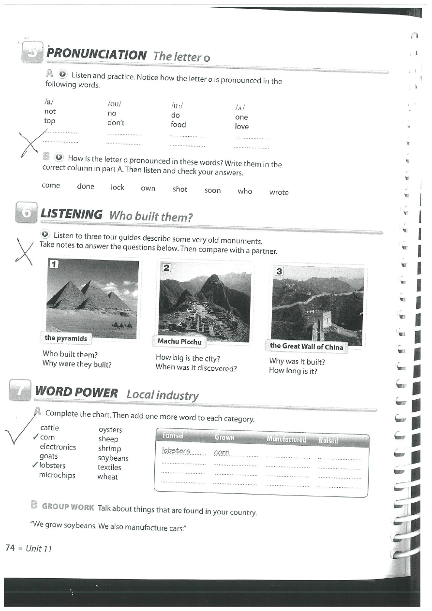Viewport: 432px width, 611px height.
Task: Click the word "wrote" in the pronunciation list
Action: (x=279, y=192)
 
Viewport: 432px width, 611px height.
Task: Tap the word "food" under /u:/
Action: (x=178, y=125)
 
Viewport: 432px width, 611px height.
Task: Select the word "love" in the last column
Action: (x=241, y=127)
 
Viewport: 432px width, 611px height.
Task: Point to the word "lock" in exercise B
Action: (x=118, y=187)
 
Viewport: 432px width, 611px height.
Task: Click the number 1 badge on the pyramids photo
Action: (x=54, y=264)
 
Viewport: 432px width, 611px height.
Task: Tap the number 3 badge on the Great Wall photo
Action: (x=279, y=271)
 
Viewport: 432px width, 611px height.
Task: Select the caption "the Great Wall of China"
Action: (x=306, y=346)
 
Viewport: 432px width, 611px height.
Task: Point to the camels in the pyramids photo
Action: (x=122, y=326)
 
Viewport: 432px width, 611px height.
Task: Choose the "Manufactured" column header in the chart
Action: (x=286, y=439)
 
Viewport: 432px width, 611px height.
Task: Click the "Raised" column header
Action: (x=328, y=440)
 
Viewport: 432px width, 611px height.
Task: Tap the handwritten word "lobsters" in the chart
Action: (x=176, y=451)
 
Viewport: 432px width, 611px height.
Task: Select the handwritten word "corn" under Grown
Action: (x=221, y=452)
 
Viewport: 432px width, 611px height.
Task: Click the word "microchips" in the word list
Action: (x=57, y=475)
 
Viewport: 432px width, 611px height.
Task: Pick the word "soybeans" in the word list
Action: (x=113, y=458)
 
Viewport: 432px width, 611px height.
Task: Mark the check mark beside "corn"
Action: (x=35, y=437)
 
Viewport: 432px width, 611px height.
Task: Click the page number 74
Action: (x=10, y=548)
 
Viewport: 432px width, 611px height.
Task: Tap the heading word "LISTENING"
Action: (x=71, y=214)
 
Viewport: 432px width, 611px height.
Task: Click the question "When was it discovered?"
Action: (x=196, y=367)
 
